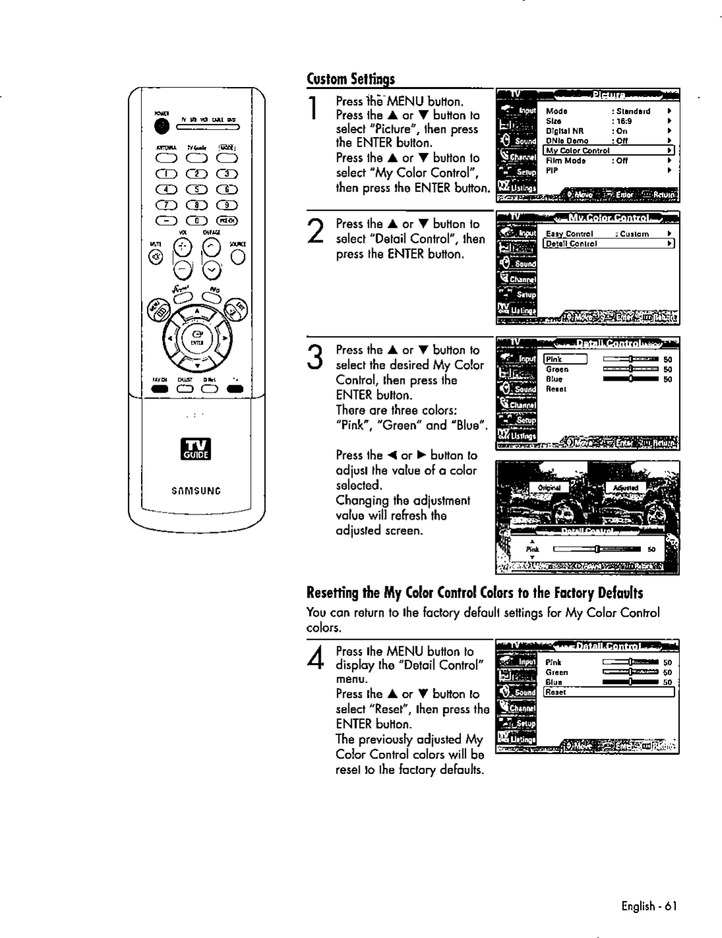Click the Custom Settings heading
coord(350,80)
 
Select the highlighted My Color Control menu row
coord(609,150)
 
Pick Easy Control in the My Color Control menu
coord(570,234)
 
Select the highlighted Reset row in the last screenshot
coord(609,692)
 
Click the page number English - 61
coord(649,906)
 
